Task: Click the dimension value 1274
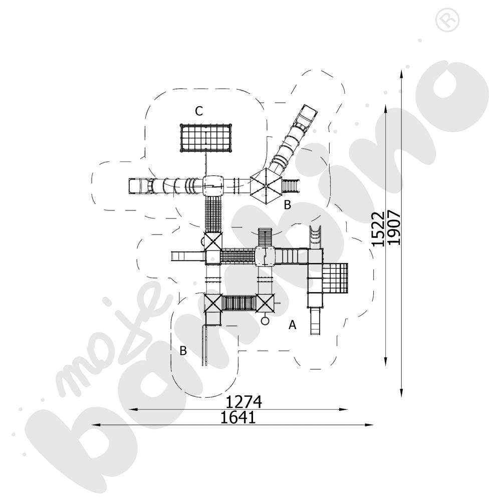[x=244, y=402]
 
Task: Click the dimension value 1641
[x=238, y=417]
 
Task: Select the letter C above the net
[x=199, y=111]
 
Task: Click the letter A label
[x=292, y=325]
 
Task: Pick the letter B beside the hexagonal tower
[x=287, y=204]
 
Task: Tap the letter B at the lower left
[x=183, y=351]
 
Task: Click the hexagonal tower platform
[x=264, y=185]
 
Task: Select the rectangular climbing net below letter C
[x=206, y=138]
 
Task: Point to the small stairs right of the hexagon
[x=291, y=185]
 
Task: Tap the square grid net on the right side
[x=335, y=278]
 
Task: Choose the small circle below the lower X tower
[x=266, y=320]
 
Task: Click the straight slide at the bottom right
[x=314, y=321]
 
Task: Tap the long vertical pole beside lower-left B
[x=204, y=346]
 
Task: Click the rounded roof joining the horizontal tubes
[x=214, y=185]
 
